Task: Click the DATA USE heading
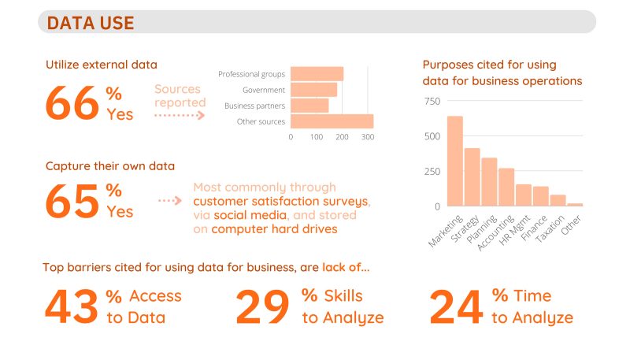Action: click(x=91, y=23)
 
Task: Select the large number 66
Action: click(x=72, y=103)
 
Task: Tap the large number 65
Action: click(x=72, y=201)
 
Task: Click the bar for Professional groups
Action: click(x=317, y=74)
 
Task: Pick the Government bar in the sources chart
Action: click(x=313, y=90)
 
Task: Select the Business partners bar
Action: click(x=309, y=106)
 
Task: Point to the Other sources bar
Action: click(x=332, y=121)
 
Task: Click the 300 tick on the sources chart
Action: click(x=368, y=137)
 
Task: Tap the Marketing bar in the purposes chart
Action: click(x=455, y=161)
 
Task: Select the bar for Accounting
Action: click(x=506, y=187)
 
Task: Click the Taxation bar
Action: click(x=558, y=201)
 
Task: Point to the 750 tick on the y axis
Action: click(x=432, y=102)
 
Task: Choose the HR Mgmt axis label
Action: click(x=515, y=230)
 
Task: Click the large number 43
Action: click(x=72, y=307)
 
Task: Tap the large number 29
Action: click(x=262, y=307)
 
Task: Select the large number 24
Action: click(x=456, y=307)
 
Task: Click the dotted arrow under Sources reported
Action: click(x=180, y=116)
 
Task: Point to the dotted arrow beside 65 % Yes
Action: click(x=170, y=200)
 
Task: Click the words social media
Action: click(x=250, y=215)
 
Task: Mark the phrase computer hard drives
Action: click(x=274, y=229)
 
